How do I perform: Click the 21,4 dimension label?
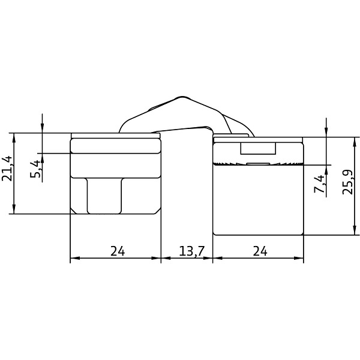pos(7,168)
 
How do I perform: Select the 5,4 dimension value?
pos(35,169)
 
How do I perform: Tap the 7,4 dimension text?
pos(320,184)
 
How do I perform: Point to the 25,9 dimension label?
pos(347,182)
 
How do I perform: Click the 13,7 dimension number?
pos(191,251)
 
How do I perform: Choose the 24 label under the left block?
pos(118,251)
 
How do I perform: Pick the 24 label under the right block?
pos(260,251)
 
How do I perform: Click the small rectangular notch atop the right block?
pos(258,148)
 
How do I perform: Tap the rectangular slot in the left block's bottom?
pos(104,196)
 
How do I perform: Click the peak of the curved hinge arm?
pos(182,97)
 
